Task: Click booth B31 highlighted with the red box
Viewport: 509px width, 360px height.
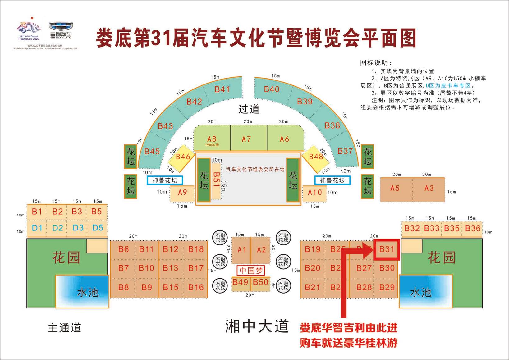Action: pos(387,249)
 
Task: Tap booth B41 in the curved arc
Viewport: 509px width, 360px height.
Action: pos(222,89)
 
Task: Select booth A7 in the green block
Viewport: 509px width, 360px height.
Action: pos(246,139)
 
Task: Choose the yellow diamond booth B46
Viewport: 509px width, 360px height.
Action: pos(182,157)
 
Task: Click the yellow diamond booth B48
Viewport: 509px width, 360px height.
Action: pos(316,157)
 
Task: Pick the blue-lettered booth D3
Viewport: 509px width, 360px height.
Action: pos(78,228)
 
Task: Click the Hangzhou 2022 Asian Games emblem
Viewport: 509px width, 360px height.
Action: pos(29,30)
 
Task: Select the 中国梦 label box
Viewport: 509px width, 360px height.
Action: pos(251,271)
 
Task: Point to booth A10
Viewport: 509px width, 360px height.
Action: pos(314,193)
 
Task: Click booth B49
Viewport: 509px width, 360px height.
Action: pos(241,282)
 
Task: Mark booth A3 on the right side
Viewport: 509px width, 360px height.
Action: pos(429,188)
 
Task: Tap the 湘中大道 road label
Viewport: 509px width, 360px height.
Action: pos(257,326)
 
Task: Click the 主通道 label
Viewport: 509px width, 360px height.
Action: pos(64,328)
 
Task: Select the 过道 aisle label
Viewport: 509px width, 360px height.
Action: pos(249,109)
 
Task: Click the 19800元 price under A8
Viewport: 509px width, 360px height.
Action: pos(212,145)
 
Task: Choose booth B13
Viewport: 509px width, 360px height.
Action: pos(171,268)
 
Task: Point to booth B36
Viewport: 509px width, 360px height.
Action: pos(473,229)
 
